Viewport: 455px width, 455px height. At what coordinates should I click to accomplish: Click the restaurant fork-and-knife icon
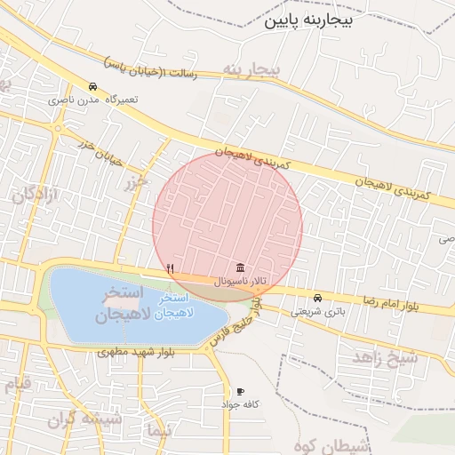170,267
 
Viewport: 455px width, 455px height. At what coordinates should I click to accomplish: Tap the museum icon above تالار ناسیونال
240,267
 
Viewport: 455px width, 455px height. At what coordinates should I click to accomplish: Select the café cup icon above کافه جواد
240,391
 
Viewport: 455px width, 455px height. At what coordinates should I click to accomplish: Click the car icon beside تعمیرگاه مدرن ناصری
93,86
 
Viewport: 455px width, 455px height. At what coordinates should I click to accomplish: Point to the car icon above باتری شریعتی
317,298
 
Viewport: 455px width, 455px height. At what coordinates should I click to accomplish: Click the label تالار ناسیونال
240,281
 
